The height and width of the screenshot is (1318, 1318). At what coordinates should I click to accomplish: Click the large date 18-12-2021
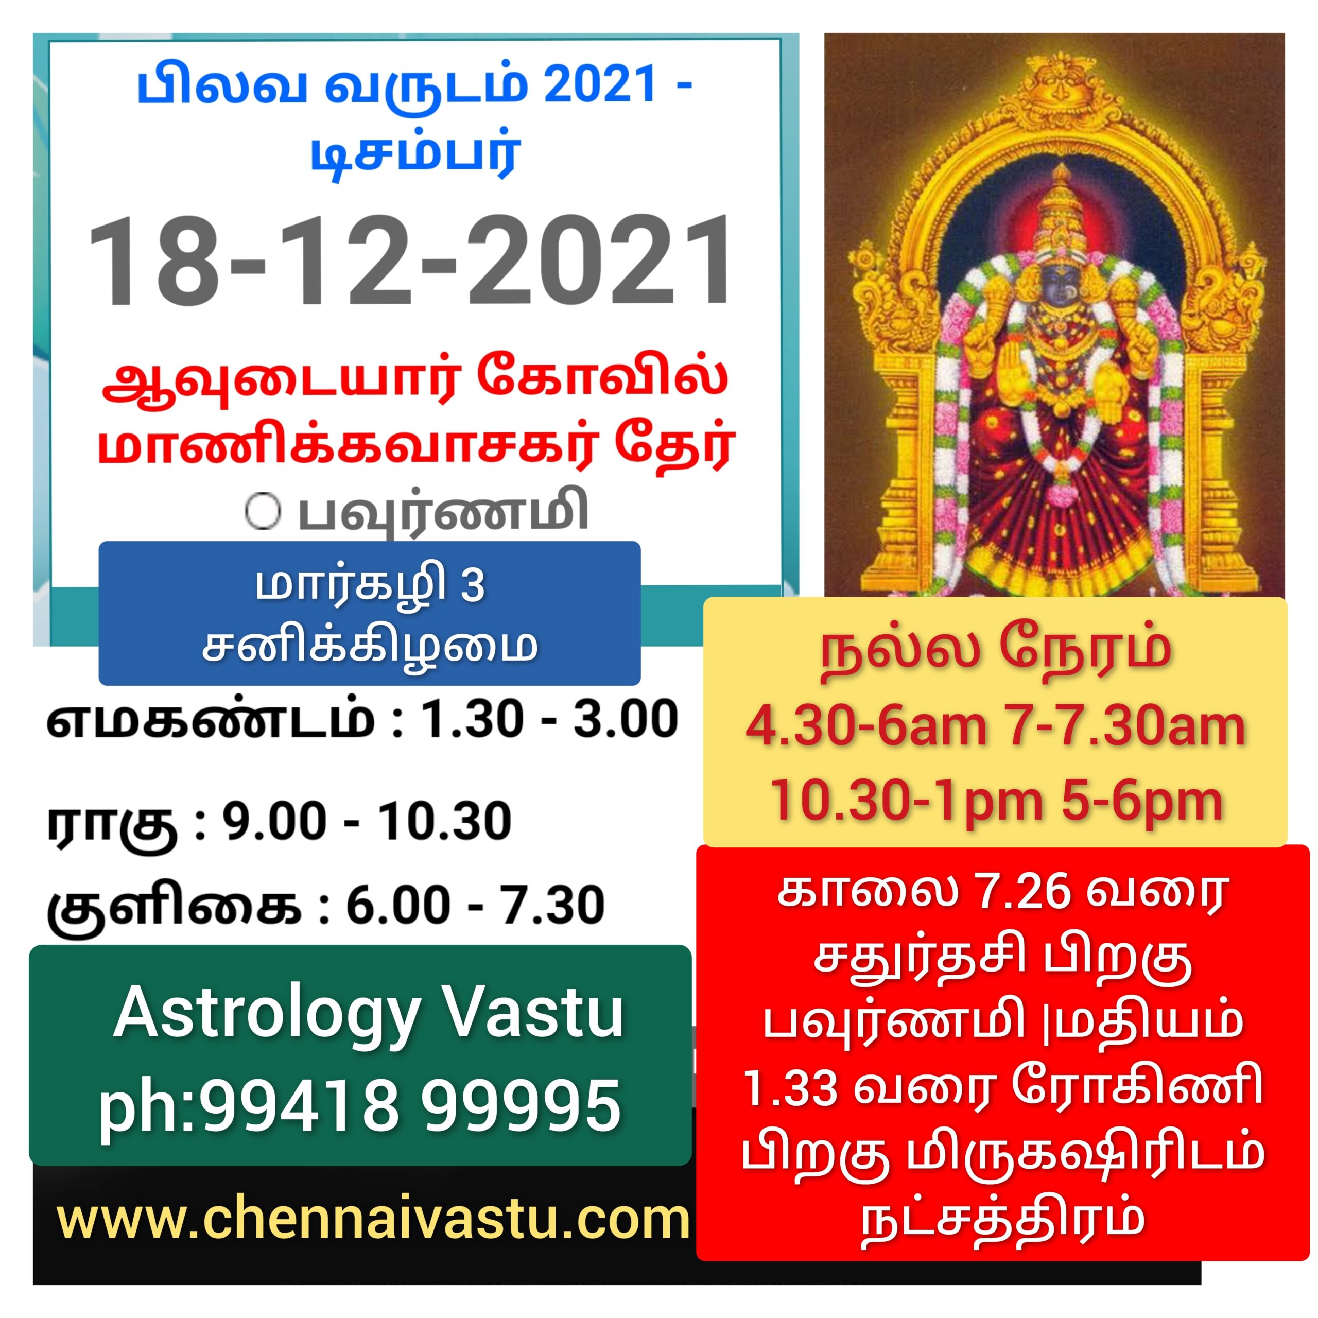[409, 261]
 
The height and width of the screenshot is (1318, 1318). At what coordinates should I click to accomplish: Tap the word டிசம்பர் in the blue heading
[416, 154]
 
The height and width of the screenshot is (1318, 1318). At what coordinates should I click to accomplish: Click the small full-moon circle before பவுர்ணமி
[263, 512]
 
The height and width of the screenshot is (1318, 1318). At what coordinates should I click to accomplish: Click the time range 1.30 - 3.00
[550, 719]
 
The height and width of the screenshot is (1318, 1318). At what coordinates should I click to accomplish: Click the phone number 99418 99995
[409, 1106]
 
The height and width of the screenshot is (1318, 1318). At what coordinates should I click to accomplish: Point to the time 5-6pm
[1142, 802]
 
